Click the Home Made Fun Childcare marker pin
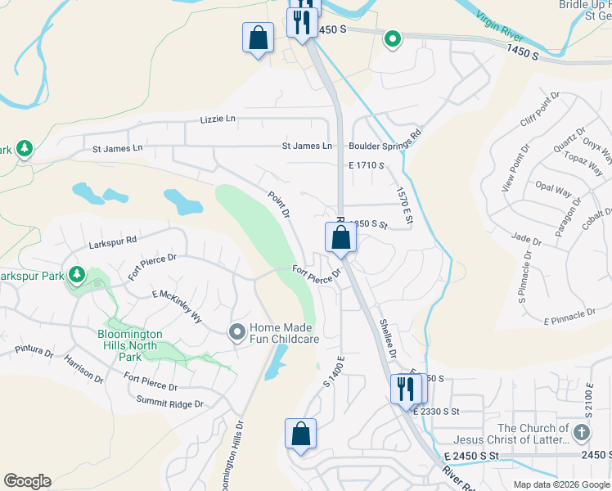pos(237,331)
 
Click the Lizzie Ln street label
pos(217,119)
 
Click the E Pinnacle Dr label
pos(570,315)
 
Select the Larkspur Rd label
pos(113,244)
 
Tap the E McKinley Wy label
pos(177,306)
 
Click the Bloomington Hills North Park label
pos(130,345)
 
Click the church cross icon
pos(582,432)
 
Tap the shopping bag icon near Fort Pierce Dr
pos(340,238)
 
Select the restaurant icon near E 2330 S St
pos(405,389)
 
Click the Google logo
pos(27,481)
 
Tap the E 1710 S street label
pos(366,165)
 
